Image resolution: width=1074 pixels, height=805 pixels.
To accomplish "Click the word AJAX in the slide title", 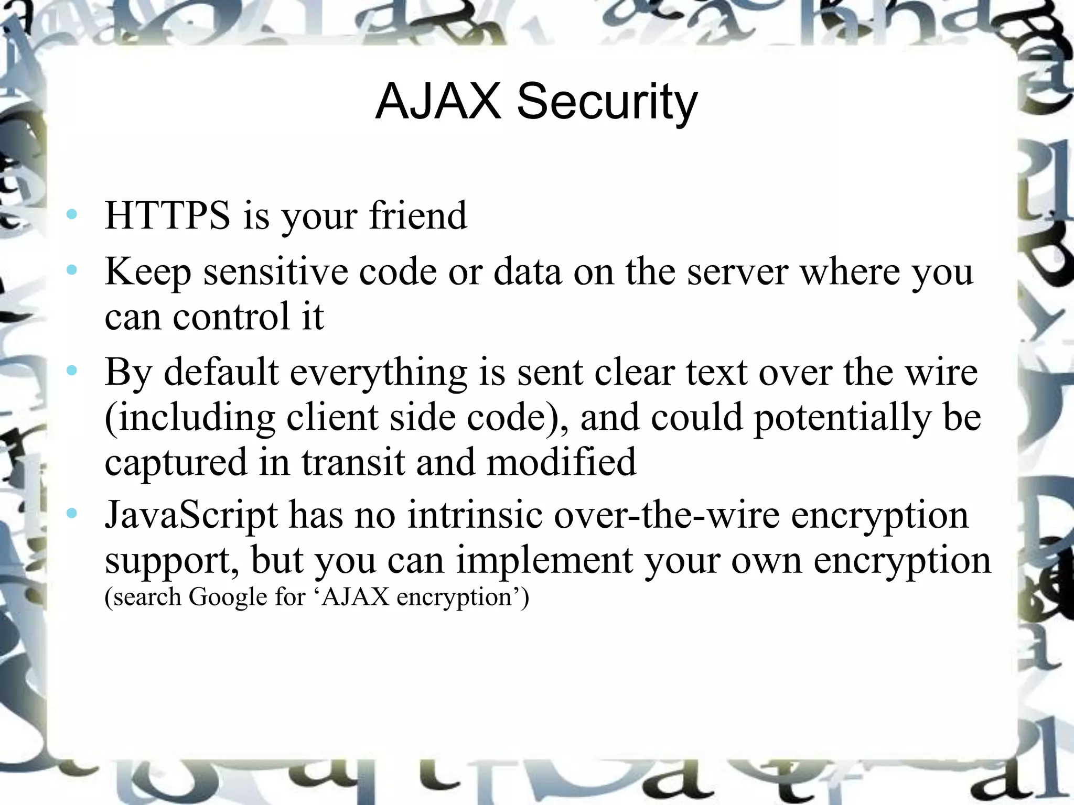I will tap(438, 102).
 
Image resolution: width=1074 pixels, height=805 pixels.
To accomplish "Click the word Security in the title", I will tap(607, 102).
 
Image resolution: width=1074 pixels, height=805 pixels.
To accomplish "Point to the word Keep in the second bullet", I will tap(148, 273).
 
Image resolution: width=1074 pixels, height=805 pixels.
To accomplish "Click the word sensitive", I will tap(275, 272).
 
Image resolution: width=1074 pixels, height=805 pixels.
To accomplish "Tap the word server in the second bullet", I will tap(737, 272).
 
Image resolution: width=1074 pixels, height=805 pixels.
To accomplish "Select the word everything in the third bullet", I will tap(378, 373).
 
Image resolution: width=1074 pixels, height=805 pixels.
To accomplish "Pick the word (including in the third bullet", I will tap(189, 418).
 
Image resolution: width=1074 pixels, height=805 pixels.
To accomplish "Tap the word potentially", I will tap(841, 418).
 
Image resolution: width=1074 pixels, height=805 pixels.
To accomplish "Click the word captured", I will tap(176, 463).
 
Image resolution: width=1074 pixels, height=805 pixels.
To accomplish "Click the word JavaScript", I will tap(191, 516).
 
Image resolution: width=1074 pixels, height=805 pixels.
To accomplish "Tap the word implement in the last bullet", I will tap(543, 561).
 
